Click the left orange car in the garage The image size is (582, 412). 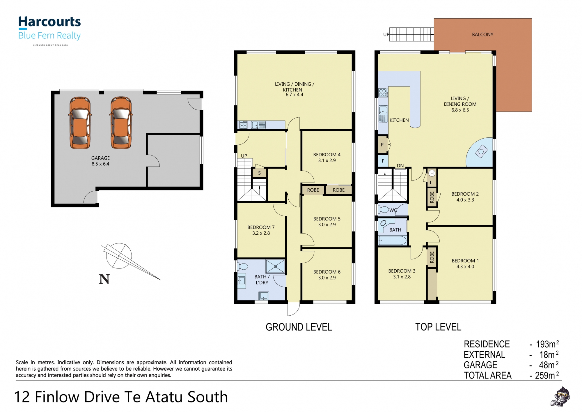[x=80, y=123]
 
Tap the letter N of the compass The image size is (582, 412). [x=104, y=279]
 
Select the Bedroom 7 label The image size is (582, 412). [x=261, y=227]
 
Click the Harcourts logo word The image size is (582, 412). [x=49, y=22]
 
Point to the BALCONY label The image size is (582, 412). [x=482, y=34]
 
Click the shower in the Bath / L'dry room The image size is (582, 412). [x=275, y=266]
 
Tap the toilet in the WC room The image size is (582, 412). [x=384, y=210]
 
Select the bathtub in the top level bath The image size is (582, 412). [x=392, y=241]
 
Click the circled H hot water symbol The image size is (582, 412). [x=432, y=173]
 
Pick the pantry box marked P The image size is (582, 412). [x=383, y=144]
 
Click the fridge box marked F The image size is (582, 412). [x=383, y=161]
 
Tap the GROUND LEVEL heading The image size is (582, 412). [x=299, y=327]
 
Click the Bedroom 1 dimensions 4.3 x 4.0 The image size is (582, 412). [x=465, y=266]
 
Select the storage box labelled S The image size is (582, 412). [x=259, y=173]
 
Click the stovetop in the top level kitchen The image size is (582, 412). [x=383, y=93]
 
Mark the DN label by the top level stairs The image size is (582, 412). [x=400, y=166]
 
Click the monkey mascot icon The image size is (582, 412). [x=560, y=396]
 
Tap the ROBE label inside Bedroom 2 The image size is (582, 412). [x=432, y=197]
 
